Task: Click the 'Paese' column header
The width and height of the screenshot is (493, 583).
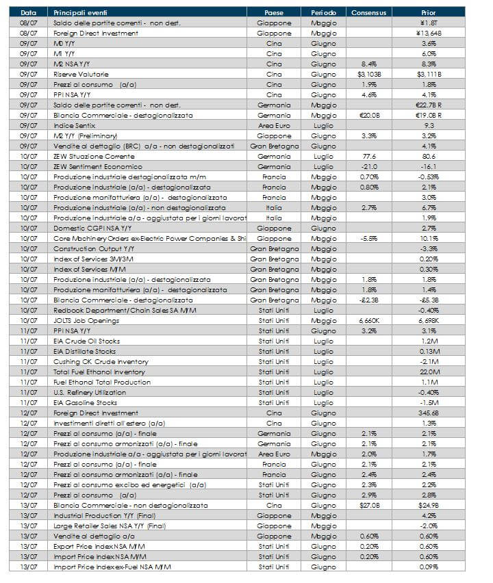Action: [273, 12]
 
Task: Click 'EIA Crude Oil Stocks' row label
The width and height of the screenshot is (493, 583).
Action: [86, 341]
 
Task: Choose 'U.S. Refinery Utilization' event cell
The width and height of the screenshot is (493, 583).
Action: [90, 392]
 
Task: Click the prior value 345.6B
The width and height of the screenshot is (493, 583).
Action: [429, 413]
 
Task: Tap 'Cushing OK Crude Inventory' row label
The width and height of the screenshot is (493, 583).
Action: [96, 361]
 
